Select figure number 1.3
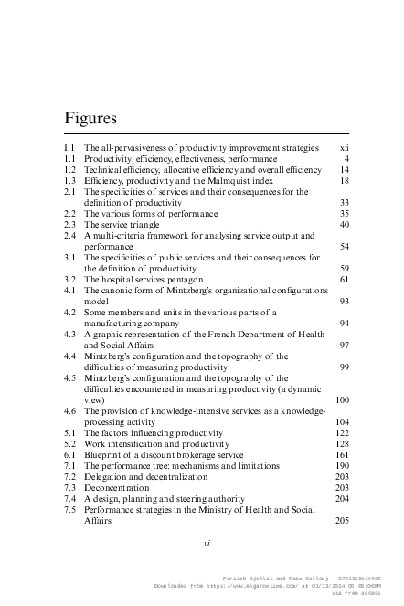(68, 181)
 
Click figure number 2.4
(68, 236)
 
